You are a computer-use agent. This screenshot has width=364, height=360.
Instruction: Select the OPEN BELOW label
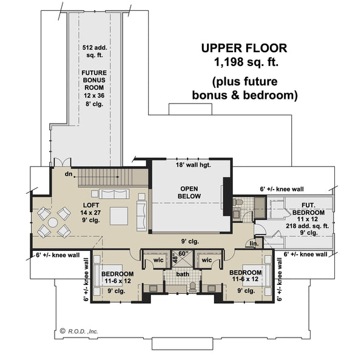[x=189, y=192]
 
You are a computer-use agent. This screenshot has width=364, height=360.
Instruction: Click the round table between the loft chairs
[x=53, y=222]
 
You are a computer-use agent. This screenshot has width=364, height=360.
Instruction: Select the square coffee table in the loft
[x=118, y=216]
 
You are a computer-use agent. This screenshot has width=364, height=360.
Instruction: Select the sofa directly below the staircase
[x=113, y=195]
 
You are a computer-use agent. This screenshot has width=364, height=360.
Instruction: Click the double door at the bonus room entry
[x=58, y=162]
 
